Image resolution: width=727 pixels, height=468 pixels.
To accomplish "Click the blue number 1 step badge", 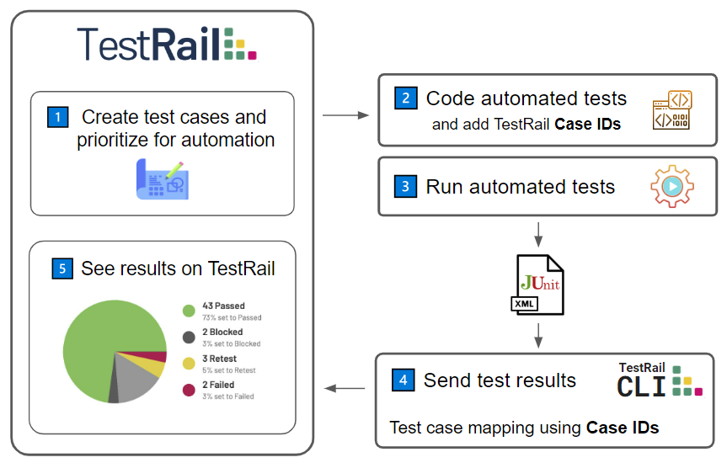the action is [58, 117].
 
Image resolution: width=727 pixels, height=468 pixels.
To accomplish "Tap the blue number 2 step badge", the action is [406, 98].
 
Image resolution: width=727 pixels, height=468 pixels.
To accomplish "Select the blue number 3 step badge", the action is [405, 186].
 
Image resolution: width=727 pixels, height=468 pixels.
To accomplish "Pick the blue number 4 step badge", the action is [403, 380].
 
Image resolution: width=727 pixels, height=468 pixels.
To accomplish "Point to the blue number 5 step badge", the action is [62, 269].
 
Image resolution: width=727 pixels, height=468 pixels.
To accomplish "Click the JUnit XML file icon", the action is [537, 285].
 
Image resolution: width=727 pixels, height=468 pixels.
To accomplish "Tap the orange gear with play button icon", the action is [672, 186].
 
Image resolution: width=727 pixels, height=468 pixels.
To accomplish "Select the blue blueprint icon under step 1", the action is [163, 179].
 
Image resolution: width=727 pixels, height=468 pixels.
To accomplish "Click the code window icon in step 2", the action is [672, 109].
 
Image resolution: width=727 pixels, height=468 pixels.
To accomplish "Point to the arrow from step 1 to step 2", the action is [345, 115].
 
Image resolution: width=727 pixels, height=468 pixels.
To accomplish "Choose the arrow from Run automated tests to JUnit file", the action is [537, 235].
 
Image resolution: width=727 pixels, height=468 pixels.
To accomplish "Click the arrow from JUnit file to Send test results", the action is [537, 336].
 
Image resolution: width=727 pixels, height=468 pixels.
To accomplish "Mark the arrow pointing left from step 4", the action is [345, 388].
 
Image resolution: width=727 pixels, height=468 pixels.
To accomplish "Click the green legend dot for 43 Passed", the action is [189, 311].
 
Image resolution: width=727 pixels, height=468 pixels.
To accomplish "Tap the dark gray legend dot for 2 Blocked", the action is [189, 337].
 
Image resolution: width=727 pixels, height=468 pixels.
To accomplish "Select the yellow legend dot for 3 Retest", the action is [189, 364].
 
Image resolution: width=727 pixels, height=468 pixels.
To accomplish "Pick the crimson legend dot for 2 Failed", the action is [189, 390].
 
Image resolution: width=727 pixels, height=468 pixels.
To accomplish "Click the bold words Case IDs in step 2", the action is [587, 125].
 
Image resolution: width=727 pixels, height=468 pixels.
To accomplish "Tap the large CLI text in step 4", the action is [641, 387].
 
